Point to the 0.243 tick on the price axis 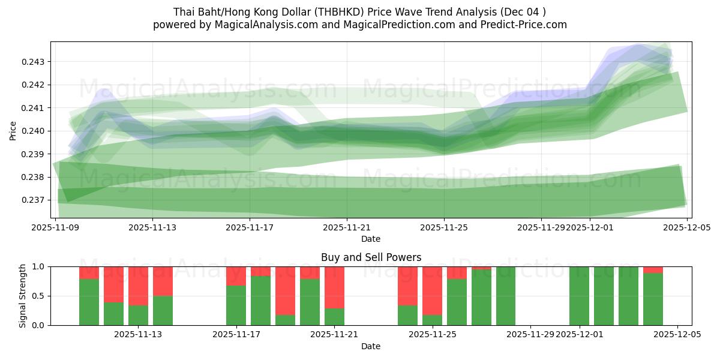pyautogui.click(x=34, y=62)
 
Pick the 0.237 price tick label pyautogui.click(x=34, y=200)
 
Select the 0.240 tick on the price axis pyautogui.click(x=34, y=131)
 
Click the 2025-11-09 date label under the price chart pyautogui.click(x=55, y=227)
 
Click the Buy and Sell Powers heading pyautogui.click(x=371, y=257)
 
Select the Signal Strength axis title pyautogui.click(x=22, y=296)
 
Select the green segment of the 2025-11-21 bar pyautogui.click(x=334, y=317)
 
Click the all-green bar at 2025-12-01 pyautogui.click(x=579, y=296)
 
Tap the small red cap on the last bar pyautogui.click(x=653, y=270)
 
